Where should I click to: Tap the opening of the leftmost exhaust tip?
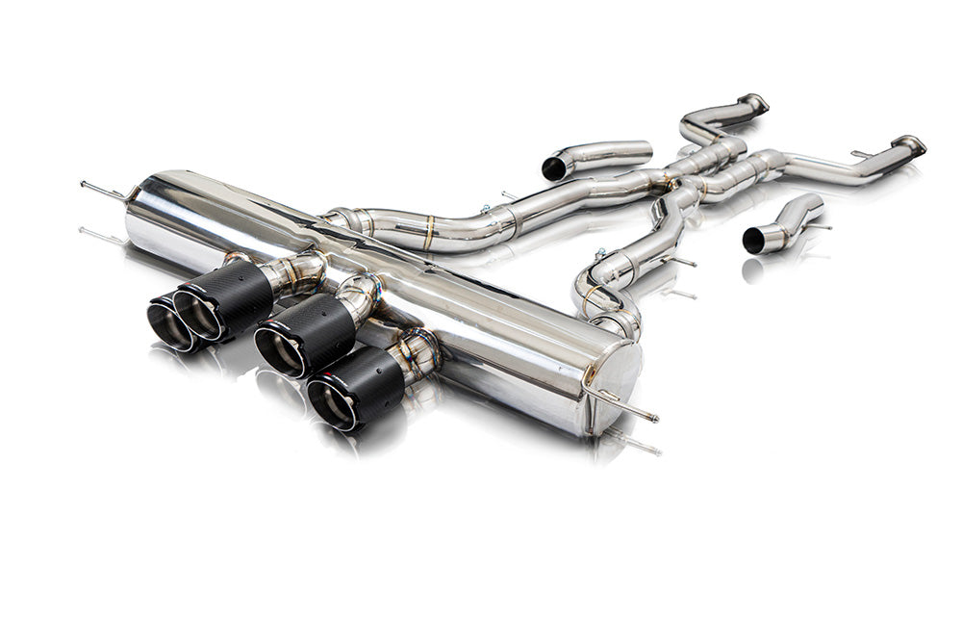coord(169,325)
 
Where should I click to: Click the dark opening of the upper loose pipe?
coord(554,168)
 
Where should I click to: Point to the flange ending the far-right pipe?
coord(909,146)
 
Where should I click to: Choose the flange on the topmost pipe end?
coord(754,102)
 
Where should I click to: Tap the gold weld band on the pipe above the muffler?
coord(429,233)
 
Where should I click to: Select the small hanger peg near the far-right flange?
coord(860,154)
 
